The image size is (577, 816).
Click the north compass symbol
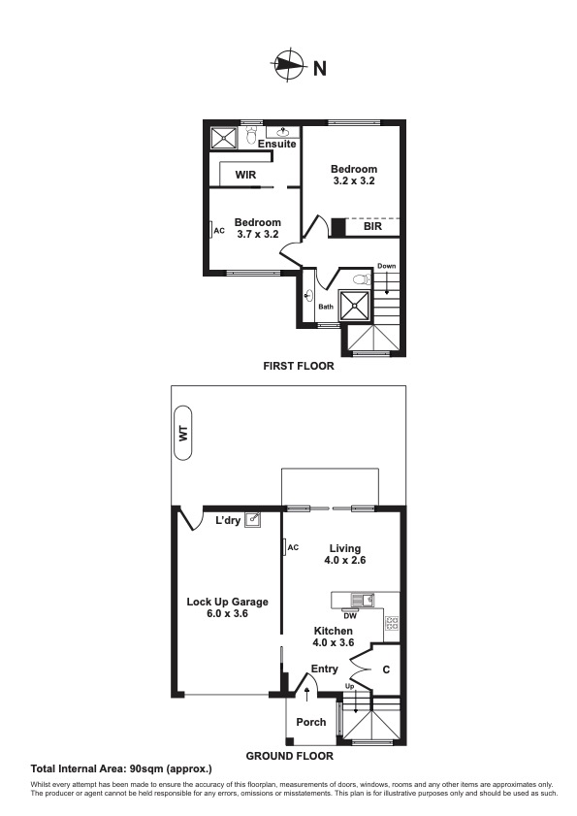click(288, 66)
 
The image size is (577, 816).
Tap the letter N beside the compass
click(319, 68)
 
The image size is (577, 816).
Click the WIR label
click(244, 176)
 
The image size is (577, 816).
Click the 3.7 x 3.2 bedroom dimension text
click(257, 234)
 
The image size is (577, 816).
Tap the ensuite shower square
click(224, 138)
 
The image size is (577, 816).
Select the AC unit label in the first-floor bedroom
click(218, 231)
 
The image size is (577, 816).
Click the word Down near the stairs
click(387, 266)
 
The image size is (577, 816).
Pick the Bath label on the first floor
click(327, 308)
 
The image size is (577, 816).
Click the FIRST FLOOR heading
click(299, 366)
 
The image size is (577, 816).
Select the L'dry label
click(228, 521)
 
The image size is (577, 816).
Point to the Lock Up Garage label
click(227, 608)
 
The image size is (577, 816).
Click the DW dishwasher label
click(348, 614)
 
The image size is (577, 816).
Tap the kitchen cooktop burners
click(392, 623)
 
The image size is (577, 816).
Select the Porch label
click(311, 722)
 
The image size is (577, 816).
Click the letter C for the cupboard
click(385, 669)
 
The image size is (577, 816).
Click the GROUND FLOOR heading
click(289, 755)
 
